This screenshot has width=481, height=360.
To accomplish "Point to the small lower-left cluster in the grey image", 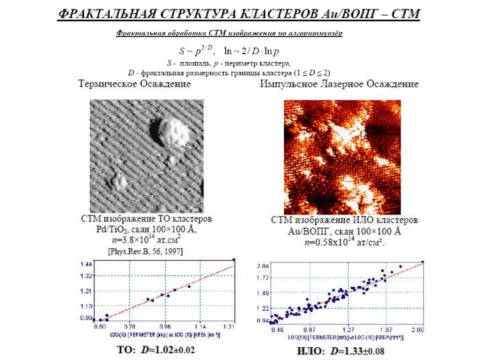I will (117, 181).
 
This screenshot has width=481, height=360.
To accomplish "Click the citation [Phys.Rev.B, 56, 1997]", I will (146, 252).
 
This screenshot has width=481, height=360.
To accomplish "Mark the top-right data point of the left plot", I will (234, 259).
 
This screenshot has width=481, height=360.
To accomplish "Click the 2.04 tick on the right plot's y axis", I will (263, 266).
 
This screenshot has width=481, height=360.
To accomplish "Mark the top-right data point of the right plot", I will (423, 262).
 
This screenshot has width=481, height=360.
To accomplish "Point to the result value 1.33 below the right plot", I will (351, 351).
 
